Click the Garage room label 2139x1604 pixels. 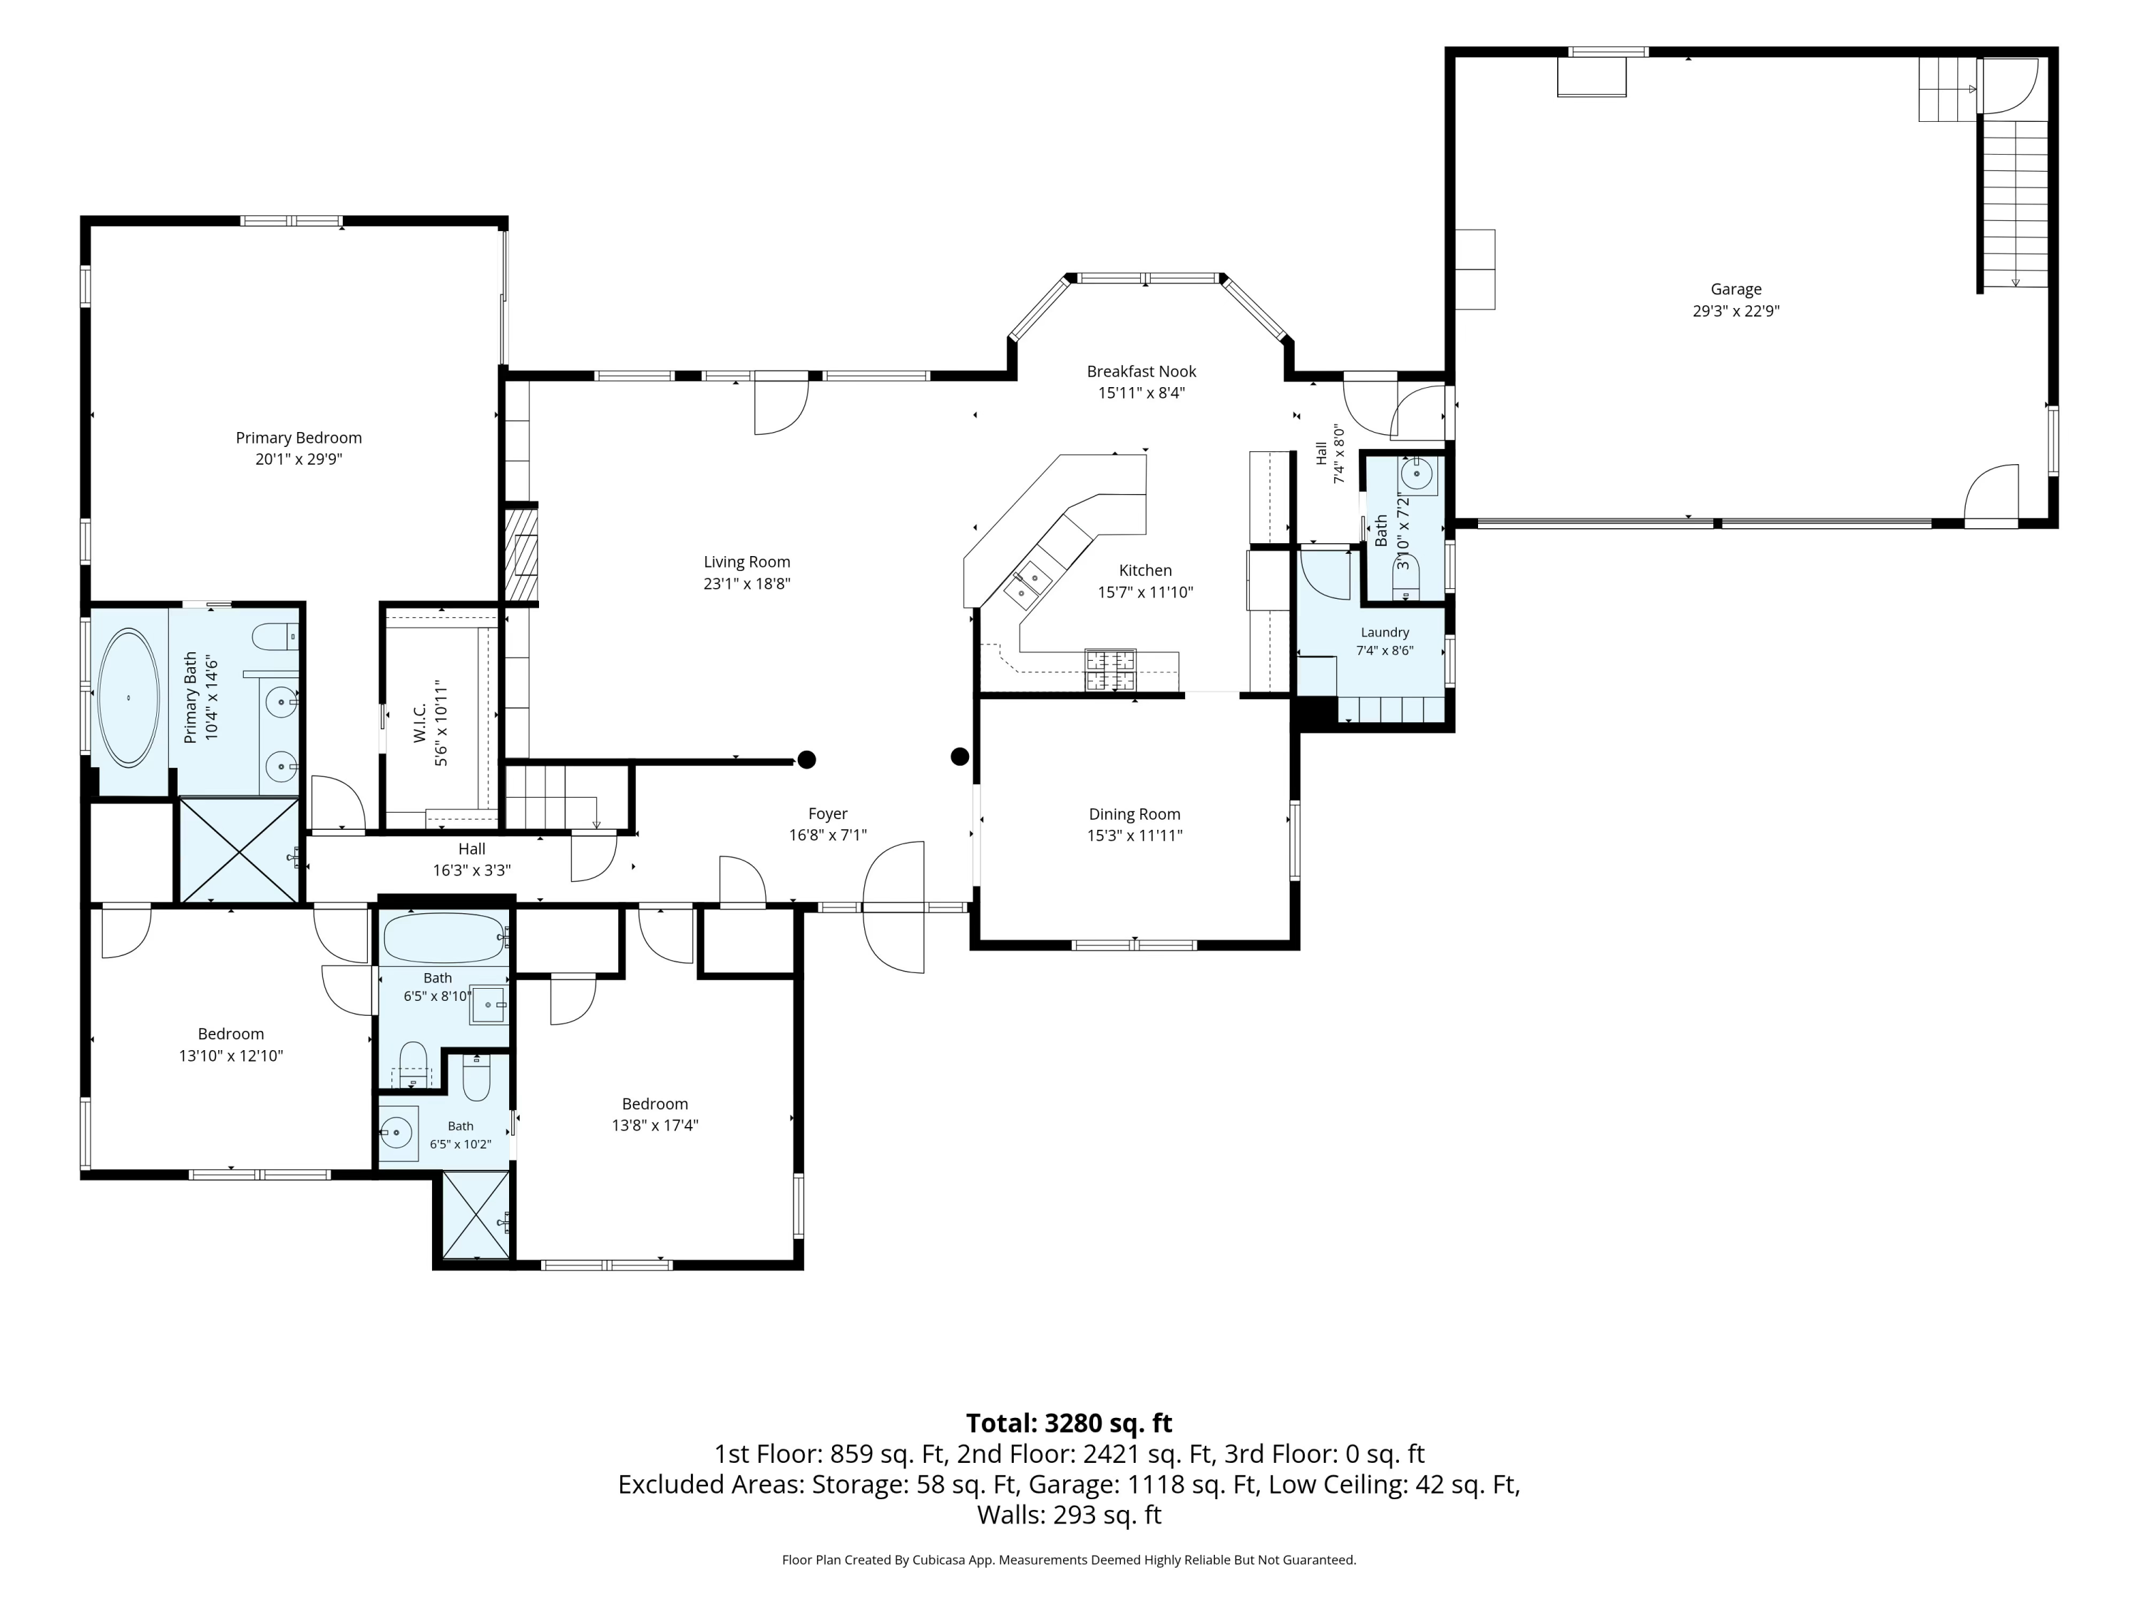(x=1735, y=289)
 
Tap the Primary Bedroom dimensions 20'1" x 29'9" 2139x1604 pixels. (x=299, y=459)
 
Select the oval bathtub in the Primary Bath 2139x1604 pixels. (x=128, y=697)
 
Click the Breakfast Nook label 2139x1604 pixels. (x=1141, y=371)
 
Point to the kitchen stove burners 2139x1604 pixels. (x=1110, y=671)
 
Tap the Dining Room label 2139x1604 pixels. (x=1134, y=814)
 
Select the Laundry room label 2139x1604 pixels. (x=1385, y=632)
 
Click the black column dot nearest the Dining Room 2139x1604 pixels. (x=959, y=756)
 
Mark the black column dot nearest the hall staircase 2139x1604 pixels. (x=806, y=760)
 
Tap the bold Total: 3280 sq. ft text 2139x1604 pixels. (x=1069, y=1423)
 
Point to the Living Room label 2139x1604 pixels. (x=747, y=562)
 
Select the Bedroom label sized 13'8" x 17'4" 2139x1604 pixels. (x=655, y=1104)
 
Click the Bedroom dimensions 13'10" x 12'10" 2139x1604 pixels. (x=231, y=1056)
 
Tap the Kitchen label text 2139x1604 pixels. (x=1145, y=570)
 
